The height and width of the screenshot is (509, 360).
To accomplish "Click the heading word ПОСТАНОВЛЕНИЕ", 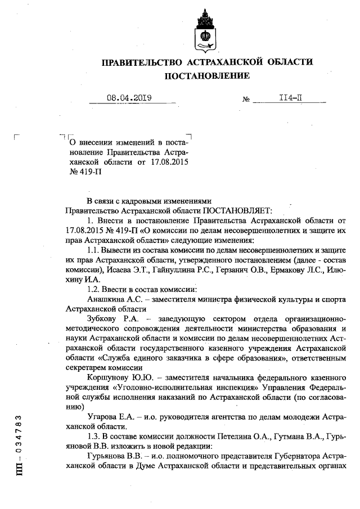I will pos(206,75).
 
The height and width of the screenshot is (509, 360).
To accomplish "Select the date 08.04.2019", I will pos(129,98).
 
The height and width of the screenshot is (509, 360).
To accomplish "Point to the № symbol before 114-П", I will pos(246,100).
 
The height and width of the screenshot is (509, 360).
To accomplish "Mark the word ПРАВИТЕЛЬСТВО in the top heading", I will pos(140,61).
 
